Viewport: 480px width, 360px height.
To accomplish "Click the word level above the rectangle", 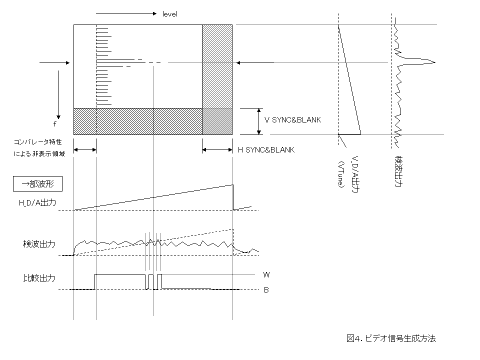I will tap(170, 14).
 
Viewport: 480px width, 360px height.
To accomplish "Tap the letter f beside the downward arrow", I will tap(54, 124).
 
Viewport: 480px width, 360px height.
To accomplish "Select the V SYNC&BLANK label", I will tap(292, 120).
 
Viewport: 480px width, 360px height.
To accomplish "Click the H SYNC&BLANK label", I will tap(266, 149).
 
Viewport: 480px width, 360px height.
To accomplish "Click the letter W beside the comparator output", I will tap(266, 274).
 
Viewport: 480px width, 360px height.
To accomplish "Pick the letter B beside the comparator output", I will tap(266, 289).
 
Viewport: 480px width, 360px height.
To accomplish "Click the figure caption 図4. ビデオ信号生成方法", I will tap(391, 338).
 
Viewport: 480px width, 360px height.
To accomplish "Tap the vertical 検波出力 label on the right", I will tap(398, 170).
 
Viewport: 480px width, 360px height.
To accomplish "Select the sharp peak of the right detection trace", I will tap(434, 62).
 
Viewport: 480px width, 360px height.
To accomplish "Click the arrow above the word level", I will tap(125, 13).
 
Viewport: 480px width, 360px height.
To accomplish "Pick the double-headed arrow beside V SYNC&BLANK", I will tap(258, 121).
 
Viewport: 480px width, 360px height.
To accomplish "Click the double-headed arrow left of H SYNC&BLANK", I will tap(217, 149).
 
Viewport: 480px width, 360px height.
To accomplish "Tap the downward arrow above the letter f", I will tap(58, 93).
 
